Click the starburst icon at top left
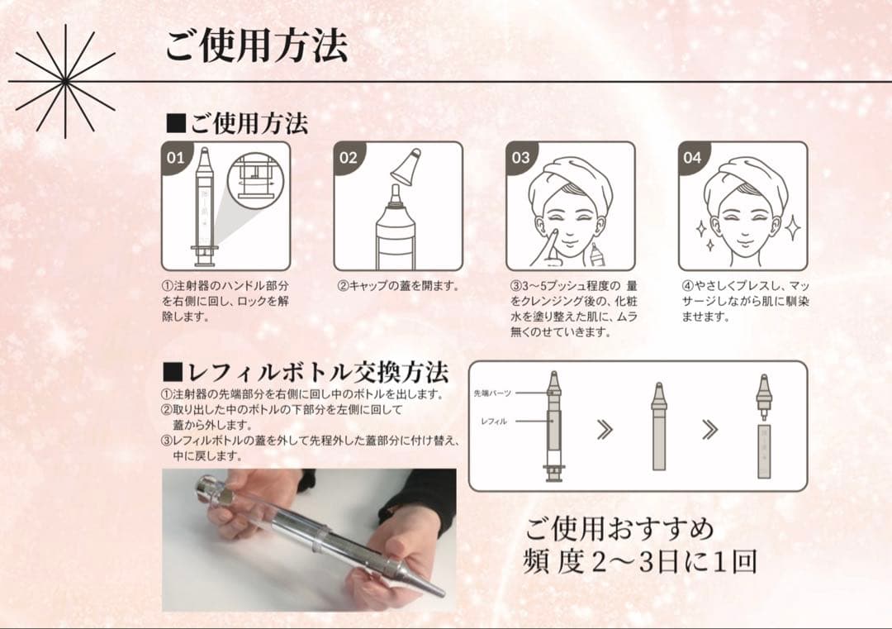click(65, 82)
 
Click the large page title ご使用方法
click(255, 45)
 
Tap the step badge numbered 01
click(177, 157)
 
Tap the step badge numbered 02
click(349, 157)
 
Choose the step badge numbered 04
click(693, 157)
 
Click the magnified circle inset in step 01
click(258, 179)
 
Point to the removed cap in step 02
click(407, 169)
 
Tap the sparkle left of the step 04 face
click(702, 228)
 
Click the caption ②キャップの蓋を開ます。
click(398, 287)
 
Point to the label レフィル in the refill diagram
click(494, 421)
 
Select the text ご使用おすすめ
click(619, 527)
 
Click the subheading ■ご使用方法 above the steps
click(237, 124)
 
